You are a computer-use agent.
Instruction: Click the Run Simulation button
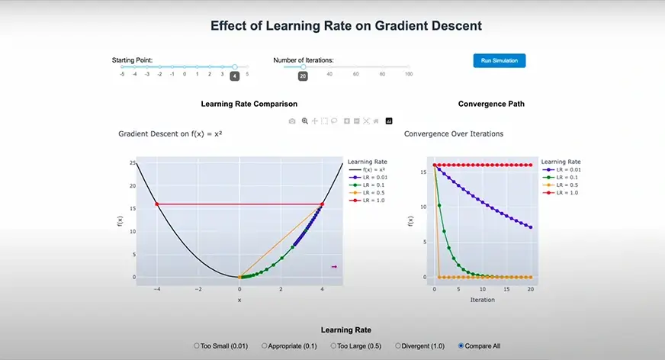[499, 60]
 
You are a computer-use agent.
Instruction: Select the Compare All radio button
[461, 346]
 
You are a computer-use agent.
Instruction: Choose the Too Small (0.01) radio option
[197, 346]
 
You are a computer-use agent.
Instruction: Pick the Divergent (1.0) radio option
[398, 346]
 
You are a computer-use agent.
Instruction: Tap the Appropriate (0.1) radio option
[264, 346]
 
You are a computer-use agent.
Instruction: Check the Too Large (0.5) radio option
[332, 346]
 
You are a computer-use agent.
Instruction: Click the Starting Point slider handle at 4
[235, 67]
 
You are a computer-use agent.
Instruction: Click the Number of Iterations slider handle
[303, 67]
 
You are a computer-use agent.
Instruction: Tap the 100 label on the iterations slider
[409, 75]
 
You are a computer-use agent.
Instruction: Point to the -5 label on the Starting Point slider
[122, 75]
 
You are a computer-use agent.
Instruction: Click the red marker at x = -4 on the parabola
[157, 204]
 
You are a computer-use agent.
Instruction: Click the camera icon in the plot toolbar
[292, 121]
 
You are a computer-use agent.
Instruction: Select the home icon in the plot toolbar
[376, 121]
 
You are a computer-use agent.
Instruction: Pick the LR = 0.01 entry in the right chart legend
[565, 170]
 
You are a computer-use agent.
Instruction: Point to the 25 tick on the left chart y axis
[133, 163]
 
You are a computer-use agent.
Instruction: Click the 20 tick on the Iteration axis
[529, 291]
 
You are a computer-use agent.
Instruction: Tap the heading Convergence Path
[491, 104]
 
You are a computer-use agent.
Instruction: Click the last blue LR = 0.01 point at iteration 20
[529, 227]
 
